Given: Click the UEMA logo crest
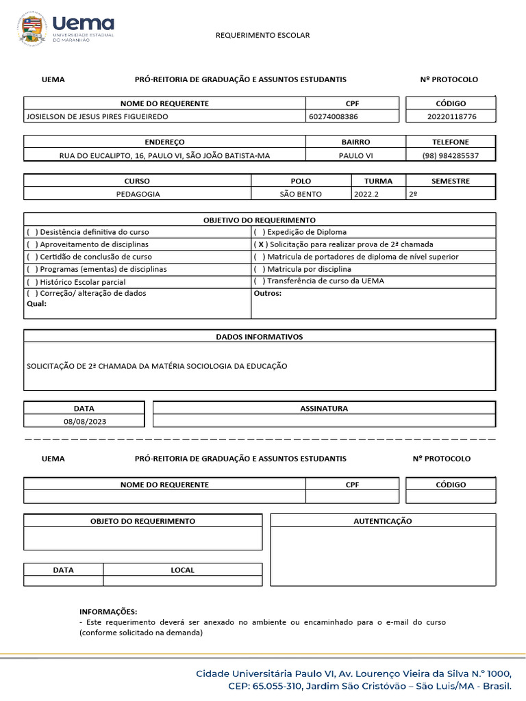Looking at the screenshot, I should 32,29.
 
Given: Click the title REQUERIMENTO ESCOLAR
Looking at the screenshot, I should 263,35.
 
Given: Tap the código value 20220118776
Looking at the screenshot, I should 451,116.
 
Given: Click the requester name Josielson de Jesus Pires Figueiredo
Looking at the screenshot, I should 97,116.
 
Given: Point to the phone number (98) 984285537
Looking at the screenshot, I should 451,155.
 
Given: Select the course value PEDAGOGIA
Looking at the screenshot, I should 138,194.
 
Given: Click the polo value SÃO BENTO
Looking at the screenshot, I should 301,194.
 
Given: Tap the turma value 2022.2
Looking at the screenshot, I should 365,194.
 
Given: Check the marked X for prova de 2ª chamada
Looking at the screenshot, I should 260,244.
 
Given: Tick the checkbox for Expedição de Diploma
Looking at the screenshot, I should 260,232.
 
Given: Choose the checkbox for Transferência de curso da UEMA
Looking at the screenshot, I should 260,281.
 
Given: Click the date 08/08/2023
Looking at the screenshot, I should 85,421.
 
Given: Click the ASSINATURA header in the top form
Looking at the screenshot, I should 324,409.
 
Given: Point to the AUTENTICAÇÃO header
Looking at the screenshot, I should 383,521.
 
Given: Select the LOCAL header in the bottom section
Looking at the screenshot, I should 182,570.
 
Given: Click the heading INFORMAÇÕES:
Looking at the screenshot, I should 108,611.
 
